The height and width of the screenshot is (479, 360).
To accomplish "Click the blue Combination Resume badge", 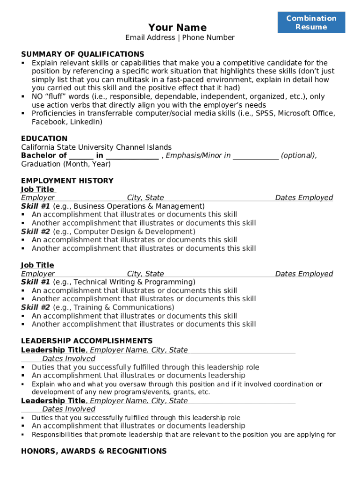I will (x=311, y=22).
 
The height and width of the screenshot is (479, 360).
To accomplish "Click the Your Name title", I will (x=177, y=27).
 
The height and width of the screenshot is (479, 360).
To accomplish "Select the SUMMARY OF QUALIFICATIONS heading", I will (x=82, y=54).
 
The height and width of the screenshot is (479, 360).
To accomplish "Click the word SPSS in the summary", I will (x=264, y=114).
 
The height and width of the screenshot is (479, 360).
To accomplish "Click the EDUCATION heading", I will (x=44, y=138).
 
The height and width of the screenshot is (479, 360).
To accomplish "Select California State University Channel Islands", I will (x=96, y=147).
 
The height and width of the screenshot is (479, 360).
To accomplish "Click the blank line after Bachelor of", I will (x=81, y=156).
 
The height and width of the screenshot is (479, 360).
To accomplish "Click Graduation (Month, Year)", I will (x=66, y=164).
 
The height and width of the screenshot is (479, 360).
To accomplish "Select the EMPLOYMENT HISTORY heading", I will (x=67, y=181).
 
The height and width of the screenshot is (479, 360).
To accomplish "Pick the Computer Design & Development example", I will (x=134, y=232).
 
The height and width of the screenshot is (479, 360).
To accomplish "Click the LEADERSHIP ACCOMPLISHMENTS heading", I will (x=86, y=341).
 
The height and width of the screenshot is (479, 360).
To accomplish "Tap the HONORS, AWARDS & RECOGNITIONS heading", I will (x=94, y=451).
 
